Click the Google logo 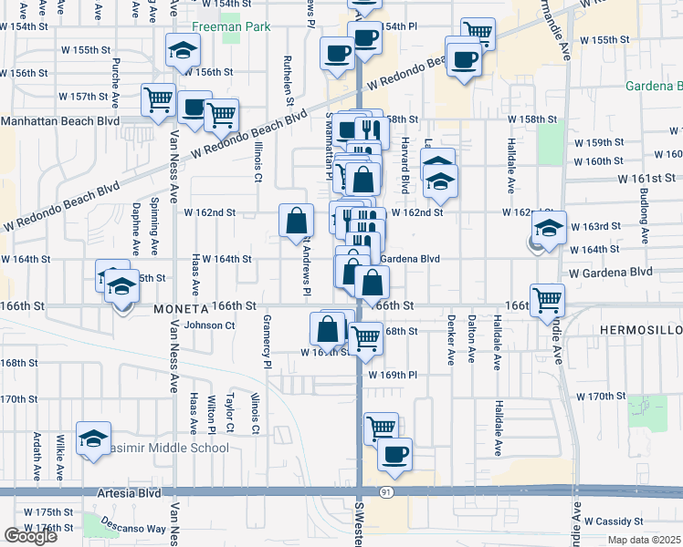click(x=30, y=536)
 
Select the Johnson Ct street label click(x=209, y=325)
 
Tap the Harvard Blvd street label click(x=402, y=163)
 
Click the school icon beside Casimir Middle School click(x=92, y=439)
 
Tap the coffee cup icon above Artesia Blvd click(x=394, y=454)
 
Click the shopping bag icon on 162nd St click(x=296, y=221)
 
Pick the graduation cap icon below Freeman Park click(x=183, y=51)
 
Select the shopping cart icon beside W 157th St click(x=159, y=98)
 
